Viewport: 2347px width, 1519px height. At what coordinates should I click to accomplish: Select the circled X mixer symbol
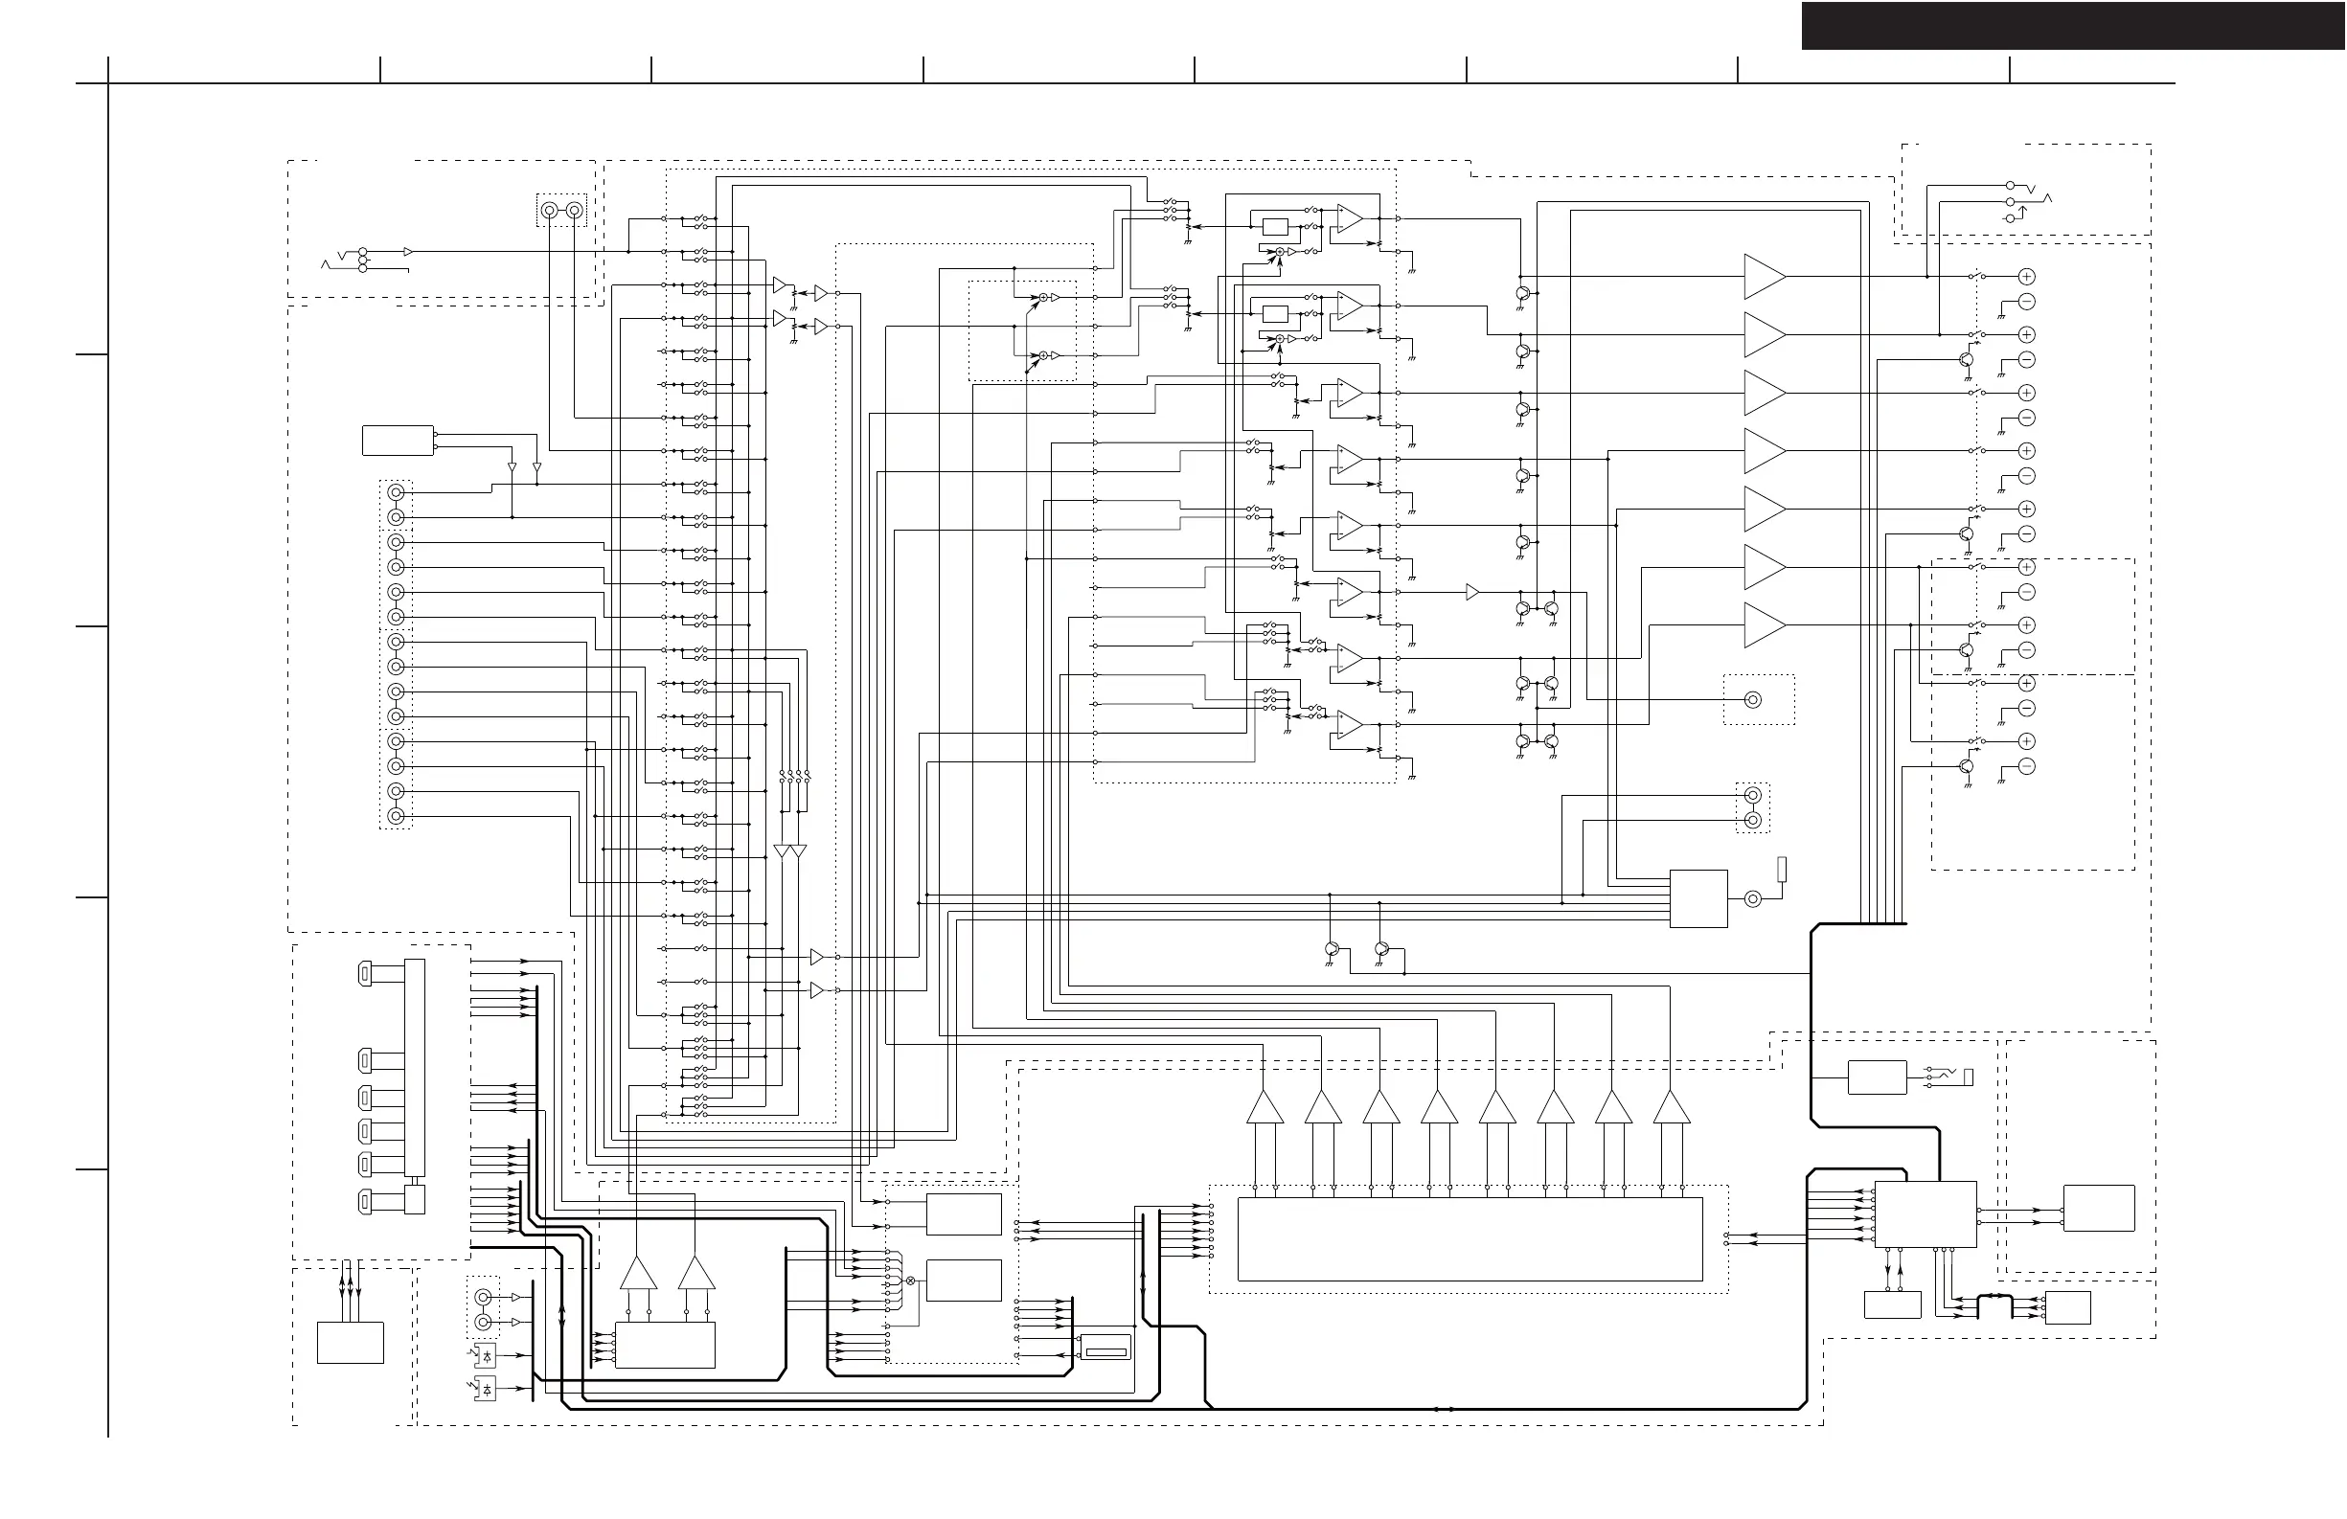click(910, 1281)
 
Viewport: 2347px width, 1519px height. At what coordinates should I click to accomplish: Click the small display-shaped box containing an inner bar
click(1105, 1347)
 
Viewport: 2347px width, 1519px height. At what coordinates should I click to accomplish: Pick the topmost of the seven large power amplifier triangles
click(1764, 277)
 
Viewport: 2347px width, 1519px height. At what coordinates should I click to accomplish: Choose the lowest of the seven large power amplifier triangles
click(1764, 625)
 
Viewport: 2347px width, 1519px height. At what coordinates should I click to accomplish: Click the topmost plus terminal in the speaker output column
click(2026, 277)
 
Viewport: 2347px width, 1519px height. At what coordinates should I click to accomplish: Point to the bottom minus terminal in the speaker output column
click(2026, 766)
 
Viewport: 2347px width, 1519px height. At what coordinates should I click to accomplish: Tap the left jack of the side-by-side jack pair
click(549, 211)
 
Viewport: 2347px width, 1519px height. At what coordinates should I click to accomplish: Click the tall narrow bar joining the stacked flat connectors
click(415, 1071)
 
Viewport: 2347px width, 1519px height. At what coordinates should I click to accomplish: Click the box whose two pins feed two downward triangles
click(398, 441)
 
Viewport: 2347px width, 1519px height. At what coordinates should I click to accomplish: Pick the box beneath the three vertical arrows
click(350, 1343)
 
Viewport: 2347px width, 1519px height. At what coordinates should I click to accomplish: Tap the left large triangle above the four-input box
click(638, 1274)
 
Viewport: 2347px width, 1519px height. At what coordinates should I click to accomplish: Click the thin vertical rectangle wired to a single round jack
click(1782, 870)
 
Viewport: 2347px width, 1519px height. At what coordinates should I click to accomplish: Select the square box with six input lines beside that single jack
click(1698, 898)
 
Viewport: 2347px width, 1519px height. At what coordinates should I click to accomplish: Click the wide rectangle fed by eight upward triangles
click(1470, 1239)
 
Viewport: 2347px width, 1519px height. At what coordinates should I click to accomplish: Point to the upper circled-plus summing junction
click(1043, 298)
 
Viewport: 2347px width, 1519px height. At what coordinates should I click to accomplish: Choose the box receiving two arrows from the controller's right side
click(2099, 1209)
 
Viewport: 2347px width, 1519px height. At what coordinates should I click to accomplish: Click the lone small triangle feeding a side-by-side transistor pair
click(1472, 593)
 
